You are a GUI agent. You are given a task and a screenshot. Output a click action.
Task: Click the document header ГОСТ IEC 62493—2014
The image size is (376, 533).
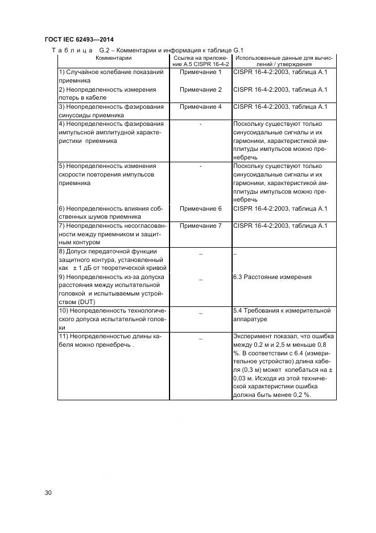click(x=78, y=39)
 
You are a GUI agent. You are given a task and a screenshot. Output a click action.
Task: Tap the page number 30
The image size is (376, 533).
click(x=48, y=493)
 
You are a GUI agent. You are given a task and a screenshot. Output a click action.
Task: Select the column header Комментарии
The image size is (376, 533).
click(x=113, y=58)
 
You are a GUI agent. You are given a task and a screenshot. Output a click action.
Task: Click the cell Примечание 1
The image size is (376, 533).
click(x=200, y=72)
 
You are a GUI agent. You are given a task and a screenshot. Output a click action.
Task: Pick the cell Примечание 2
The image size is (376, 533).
click(x=200, y=89)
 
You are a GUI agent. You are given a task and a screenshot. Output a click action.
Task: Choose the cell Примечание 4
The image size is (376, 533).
click(x=200, y=106)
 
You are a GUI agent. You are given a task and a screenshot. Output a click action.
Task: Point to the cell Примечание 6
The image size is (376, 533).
click(x=200, y=208)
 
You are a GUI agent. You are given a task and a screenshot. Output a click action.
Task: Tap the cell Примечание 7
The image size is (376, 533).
click(x=200, y=225)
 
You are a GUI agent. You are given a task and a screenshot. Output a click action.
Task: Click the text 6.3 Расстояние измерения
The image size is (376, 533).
click(x=272, y=277)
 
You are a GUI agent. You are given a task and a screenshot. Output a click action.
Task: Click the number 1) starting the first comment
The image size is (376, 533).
click(x=61, y=72)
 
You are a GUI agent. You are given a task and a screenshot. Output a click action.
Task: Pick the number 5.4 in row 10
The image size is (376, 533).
click(x=238, y=310)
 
